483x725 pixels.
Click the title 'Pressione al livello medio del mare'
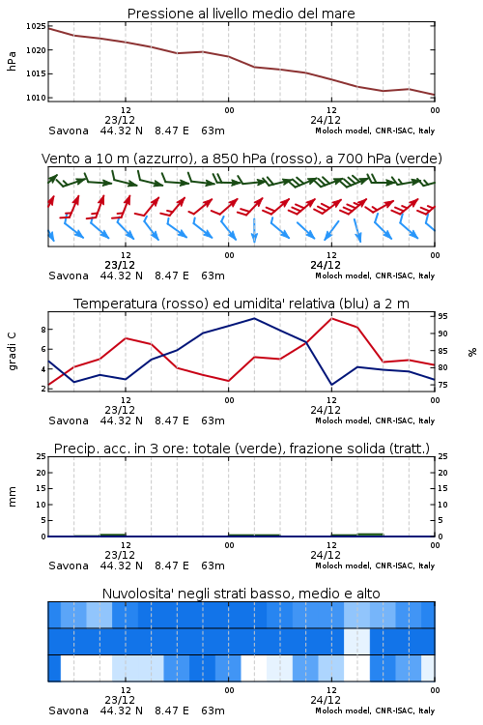[241, 14]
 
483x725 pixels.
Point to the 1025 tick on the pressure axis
[36, 26]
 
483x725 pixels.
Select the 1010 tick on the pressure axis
[36, 98]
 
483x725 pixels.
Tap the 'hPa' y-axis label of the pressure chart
[12, 61]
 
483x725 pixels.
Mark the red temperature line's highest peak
[332, 318]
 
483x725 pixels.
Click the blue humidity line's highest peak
[254, 318]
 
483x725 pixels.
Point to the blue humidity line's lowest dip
[332, 384]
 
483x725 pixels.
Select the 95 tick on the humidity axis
[442, 316]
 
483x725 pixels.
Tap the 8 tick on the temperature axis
[43, 330]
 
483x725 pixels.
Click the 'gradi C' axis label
[12, 351]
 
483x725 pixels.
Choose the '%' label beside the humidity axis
[472, 352]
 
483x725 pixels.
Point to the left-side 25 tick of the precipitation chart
[42, 456]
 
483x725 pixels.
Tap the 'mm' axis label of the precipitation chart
[12, 497]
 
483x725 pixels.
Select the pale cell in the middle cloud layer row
[356, 641]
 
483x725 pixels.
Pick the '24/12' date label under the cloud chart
[326, 700]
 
